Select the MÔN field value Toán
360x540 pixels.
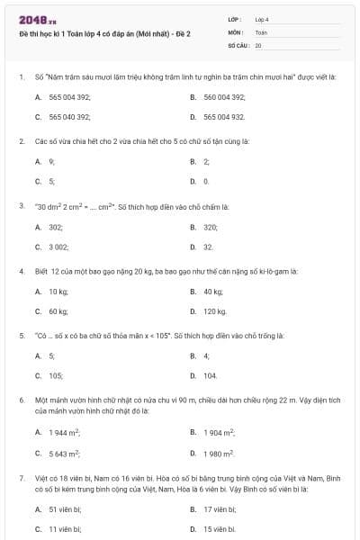261,31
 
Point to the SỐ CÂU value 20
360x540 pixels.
258,44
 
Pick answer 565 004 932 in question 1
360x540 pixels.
224,117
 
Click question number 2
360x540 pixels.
21,141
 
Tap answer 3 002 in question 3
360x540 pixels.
58,246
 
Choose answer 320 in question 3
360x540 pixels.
211,227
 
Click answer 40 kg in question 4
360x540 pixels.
213,292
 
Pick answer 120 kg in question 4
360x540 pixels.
215,311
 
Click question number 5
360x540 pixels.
21,336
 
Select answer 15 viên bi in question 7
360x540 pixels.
220,529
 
